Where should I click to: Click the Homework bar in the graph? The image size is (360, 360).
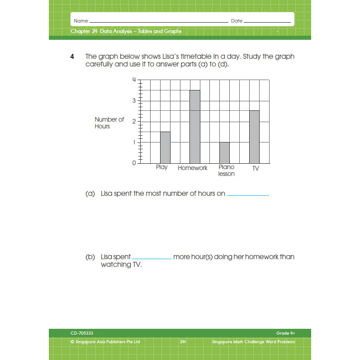click(194, 127)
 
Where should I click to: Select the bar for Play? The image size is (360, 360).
click(165, 147)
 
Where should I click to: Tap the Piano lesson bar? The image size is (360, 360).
click(224, 153)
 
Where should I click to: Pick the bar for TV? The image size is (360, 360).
click(254, 137)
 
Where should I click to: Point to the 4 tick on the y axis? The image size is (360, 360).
click(134, 80)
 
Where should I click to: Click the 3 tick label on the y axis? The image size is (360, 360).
click(134, 100)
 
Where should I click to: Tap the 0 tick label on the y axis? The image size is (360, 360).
click(134, 163)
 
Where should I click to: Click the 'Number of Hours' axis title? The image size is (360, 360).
click(109, 123)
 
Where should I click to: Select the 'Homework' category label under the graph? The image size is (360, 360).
click(193, 168)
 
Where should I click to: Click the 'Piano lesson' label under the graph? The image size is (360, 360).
click(226, 171)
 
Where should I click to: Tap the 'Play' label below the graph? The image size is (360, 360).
click(161, 167)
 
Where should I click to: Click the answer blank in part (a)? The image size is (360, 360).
click(247, 194)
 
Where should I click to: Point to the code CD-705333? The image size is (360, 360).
click(82, 333)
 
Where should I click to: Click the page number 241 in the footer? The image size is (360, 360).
click(183, 342)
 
